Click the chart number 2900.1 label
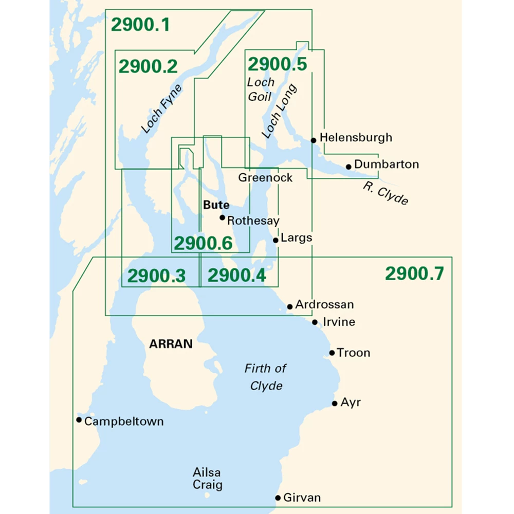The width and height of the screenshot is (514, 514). (x=140, y=25)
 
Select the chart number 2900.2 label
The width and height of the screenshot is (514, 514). (x=148, y=66)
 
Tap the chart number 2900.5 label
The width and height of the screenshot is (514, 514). (x=278, y=64)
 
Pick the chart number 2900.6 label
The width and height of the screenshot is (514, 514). (x=203, y=243)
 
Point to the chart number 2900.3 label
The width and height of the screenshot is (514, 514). (x=156, y=276)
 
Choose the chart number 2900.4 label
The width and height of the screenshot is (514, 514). (x=236, y=276)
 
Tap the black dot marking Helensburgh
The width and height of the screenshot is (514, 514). (x=313, y=140)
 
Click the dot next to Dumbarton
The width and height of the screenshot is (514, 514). (x=348, y=167)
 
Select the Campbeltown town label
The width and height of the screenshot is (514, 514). (x=124, y=421)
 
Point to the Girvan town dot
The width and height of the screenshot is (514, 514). (x=278, y=498)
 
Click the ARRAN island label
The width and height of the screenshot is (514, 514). (x=171, y=344)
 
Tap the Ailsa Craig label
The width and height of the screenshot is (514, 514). (x=208, y=478)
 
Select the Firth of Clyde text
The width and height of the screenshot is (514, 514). (x=265, y=377)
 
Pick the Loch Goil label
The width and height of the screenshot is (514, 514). (x=261, y=88)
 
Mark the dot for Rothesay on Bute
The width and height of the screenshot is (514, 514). (x=222, y=217)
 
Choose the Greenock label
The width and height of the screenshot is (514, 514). (x=265, y=177)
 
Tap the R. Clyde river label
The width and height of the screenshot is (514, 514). (x=385, y=193)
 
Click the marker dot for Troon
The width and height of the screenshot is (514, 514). (x=332, y=353)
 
